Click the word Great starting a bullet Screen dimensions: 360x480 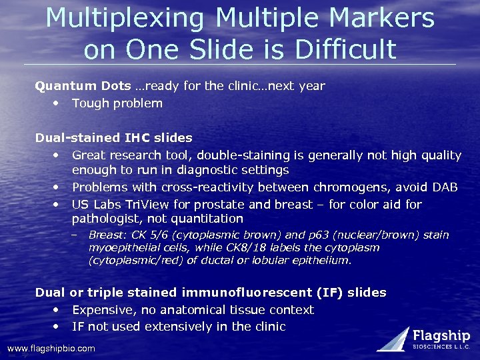click(90, 155)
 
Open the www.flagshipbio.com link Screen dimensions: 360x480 click(51, 349)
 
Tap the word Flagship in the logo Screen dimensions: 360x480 click(441, 335)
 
